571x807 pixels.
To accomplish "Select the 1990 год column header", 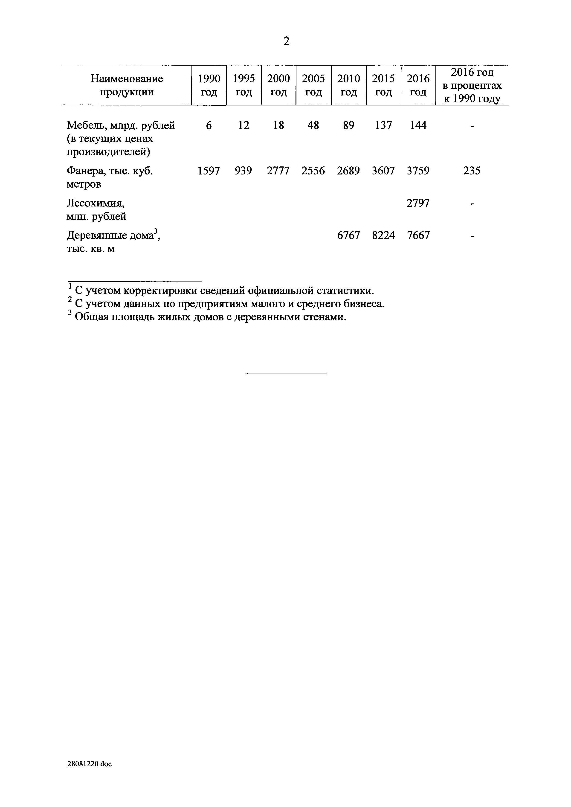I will point(209,85).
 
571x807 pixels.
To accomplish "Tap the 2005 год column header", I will point(313,85).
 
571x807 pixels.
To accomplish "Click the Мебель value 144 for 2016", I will point(418,125).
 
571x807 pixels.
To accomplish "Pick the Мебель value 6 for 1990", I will point(209,125).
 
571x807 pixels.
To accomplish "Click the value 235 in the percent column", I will point(472,171).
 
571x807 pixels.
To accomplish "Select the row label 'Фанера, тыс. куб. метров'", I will point(110,177).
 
